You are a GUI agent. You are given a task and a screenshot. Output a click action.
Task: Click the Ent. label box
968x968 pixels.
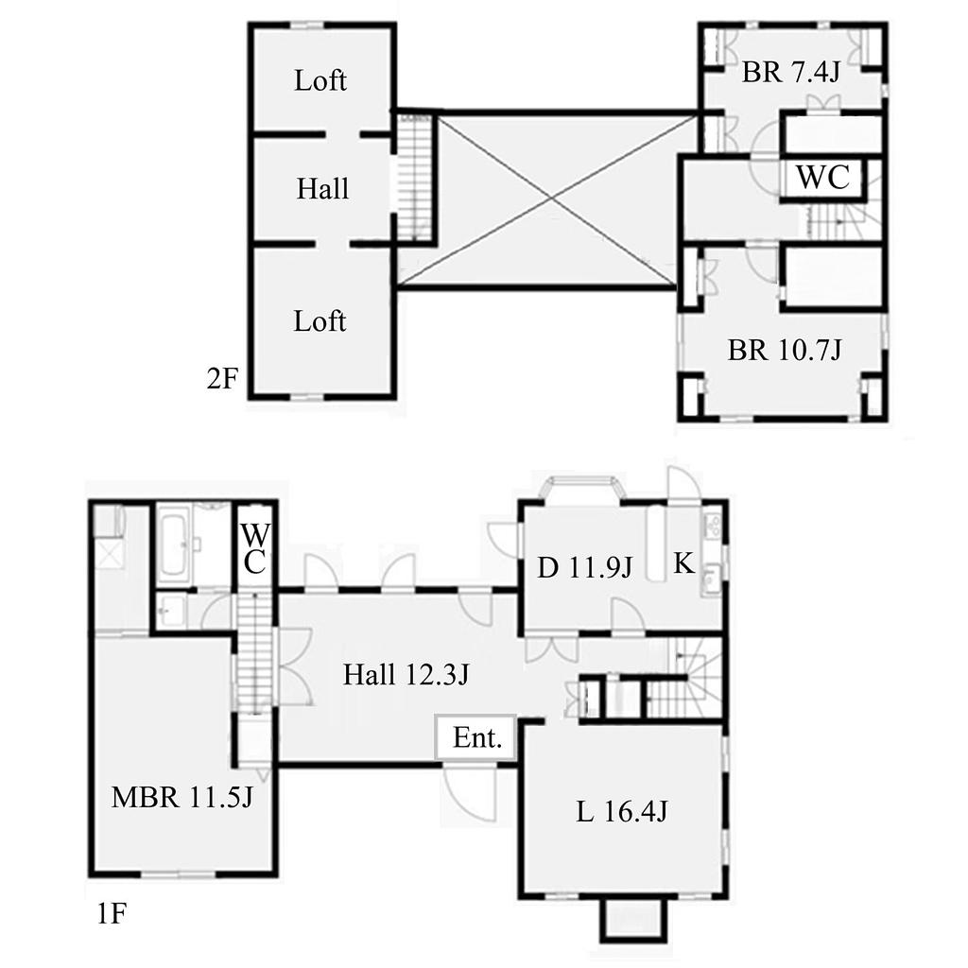(475, 737)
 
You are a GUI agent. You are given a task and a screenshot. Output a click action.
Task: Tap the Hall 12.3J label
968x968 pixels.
(406, 674)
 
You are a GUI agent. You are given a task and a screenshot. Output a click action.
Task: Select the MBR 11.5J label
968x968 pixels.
(182, 797)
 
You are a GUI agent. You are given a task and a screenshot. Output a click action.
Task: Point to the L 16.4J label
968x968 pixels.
(622, 811)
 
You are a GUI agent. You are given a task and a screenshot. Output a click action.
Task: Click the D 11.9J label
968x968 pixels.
(584, 568)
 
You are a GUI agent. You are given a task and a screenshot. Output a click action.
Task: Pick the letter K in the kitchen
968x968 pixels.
(683, 563)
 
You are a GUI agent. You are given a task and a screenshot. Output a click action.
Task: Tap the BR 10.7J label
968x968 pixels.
(785, 351)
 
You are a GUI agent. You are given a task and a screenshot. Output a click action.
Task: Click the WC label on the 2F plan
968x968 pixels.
(823, 178)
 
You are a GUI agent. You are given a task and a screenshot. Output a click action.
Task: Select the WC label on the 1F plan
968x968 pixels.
(253, 549)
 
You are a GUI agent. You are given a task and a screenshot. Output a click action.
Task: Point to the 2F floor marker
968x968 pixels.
(221, 378)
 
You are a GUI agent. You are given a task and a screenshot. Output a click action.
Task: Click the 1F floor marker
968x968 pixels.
(112, 914)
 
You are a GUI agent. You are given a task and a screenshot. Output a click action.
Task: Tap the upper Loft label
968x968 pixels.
(320, 81)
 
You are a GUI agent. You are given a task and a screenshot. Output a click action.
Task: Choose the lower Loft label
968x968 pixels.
(320, 321)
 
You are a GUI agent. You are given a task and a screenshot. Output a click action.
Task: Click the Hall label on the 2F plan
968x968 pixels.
(323, 189)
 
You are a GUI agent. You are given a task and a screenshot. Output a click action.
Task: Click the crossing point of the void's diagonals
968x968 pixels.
(551, 198)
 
